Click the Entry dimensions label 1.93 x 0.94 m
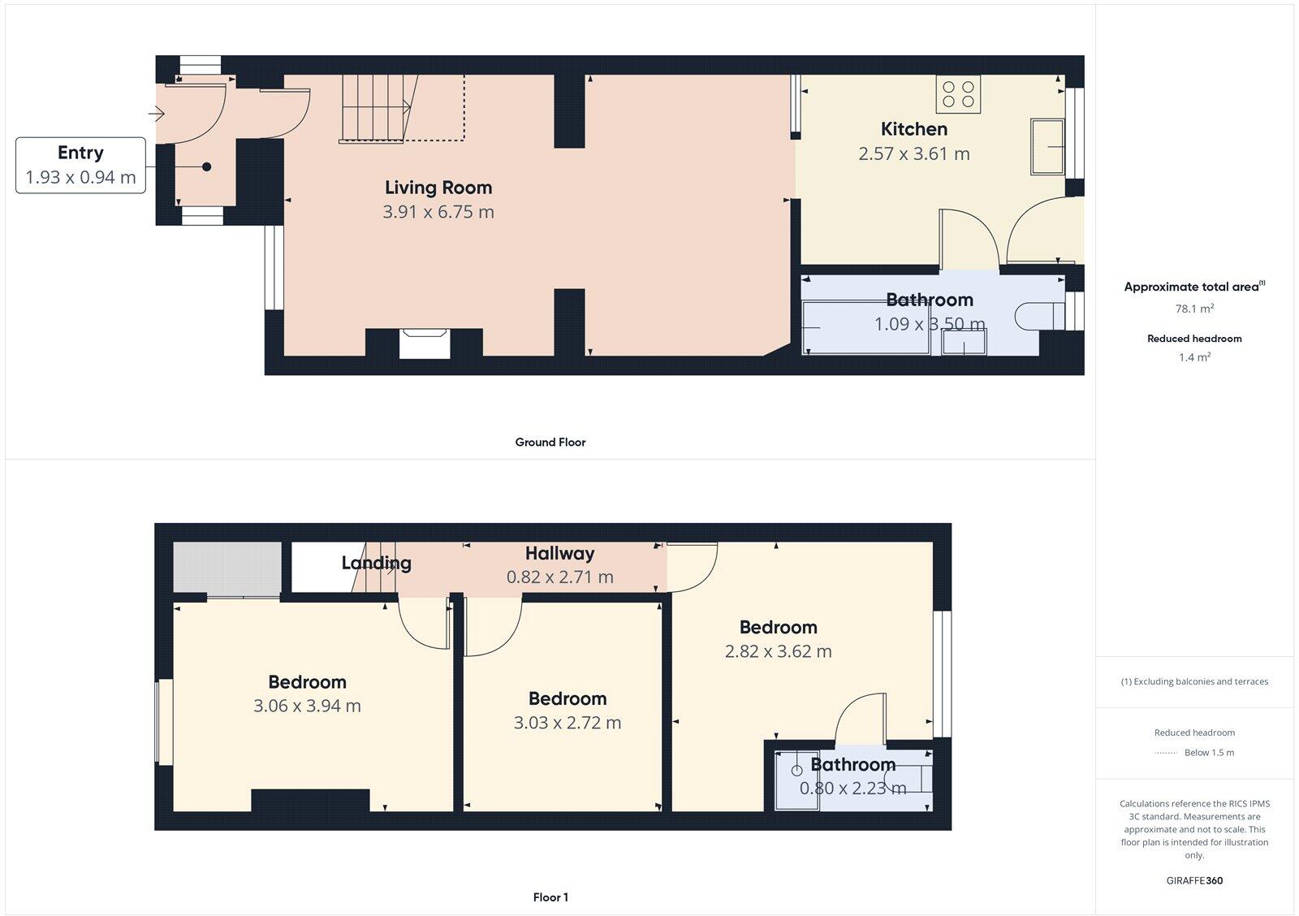coord(80,177)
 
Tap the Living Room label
coord(438,188)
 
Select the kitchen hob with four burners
coord(958,93)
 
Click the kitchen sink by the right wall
coord(1047,146)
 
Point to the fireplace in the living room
coord(425,341)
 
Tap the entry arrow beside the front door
coord(157,114)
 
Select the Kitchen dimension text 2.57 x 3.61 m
coord(914,153)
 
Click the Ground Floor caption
coord(550,442)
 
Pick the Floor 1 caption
coord(550,897)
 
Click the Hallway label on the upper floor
coord(559,554)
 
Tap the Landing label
coord(376,563)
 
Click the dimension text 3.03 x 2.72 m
coord(567,723)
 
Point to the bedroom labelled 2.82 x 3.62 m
coord(778,638)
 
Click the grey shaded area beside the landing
coord(227,568)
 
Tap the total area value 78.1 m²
coord(1193,309)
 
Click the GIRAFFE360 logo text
coord(1194,880)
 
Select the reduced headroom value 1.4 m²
coord(1194,357)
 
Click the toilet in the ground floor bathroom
coord(1035,315)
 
